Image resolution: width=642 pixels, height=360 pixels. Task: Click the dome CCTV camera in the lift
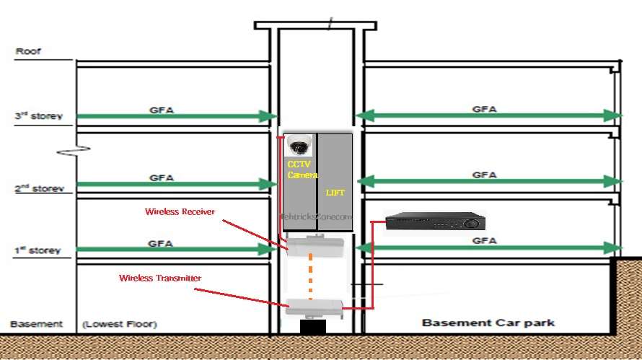[297, 145]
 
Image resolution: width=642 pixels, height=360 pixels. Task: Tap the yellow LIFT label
[335, 193]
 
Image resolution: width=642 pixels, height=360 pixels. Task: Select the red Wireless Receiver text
[180, 212]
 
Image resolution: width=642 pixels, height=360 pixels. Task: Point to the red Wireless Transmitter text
[160, 278]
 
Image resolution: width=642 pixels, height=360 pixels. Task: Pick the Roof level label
[28, 52]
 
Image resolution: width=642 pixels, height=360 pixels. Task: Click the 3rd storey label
[38, 115]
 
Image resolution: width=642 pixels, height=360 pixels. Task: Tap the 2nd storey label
[38, 189]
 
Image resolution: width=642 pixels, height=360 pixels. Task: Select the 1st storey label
[38, 250]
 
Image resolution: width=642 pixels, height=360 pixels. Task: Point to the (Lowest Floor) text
[120, 324]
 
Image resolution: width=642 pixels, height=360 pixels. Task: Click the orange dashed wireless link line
[311, 276]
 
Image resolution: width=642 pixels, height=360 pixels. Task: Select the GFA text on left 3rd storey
[161, 110]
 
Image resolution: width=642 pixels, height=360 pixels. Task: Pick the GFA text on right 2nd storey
[484, 175]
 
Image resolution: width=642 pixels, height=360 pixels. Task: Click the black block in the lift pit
[312, 327]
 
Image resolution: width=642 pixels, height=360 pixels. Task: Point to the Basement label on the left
[27, 324]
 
